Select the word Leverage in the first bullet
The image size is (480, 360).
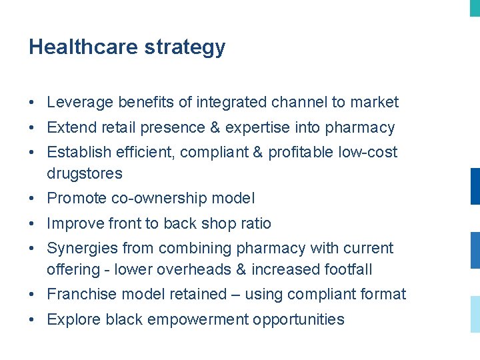coord(80,103)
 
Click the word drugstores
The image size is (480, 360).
coord(85,173)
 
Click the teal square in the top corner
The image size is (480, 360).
coord(475,7)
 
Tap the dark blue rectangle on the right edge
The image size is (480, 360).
coord(475,186)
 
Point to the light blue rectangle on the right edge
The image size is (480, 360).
coord(475,314)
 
